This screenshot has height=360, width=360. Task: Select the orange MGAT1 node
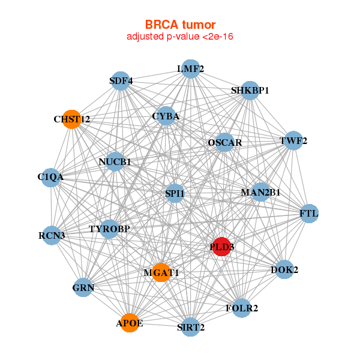[x=161, y=272]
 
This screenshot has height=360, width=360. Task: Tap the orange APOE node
[x=130, y=323]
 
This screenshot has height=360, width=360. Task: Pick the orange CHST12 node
[x=71, y=119]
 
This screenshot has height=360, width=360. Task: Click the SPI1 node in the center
[x=175, y=193]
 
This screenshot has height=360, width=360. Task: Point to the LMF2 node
[x=190, y=68]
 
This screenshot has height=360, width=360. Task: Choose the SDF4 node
[x=121, y=80]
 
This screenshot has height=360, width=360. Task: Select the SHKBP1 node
[x=250, y=91]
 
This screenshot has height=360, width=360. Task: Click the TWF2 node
[x=293, y=141]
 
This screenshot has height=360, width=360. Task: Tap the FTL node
[x=309, y=214]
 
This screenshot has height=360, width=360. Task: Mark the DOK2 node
[x=284, y=270]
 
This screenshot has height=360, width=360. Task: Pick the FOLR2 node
[x=242, y=308]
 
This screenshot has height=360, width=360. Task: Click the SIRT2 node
[x=191, y=327]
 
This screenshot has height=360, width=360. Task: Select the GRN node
[x=83, y=288]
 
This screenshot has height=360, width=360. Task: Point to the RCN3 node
[x=52, y=235]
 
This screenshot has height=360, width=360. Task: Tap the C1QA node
[x=50, y=177]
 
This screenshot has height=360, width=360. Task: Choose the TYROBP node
[x=109, y=229]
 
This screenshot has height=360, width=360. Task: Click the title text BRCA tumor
[x=179, y=25]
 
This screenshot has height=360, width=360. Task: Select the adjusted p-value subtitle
[x=179, y=37]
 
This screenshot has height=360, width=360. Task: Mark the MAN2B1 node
[x=260, y=192]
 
